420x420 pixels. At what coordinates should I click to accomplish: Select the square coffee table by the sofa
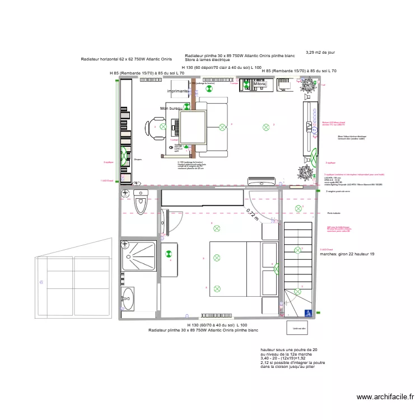193,127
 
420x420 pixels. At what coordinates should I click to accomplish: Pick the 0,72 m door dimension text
253,214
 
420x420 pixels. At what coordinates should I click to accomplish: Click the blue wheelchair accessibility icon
307,314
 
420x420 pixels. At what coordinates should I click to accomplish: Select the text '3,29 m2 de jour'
320,53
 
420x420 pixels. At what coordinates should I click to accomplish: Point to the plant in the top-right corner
306,86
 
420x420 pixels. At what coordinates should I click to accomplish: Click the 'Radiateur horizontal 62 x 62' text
126,59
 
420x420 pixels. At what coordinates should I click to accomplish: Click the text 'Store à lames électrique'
207,60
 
